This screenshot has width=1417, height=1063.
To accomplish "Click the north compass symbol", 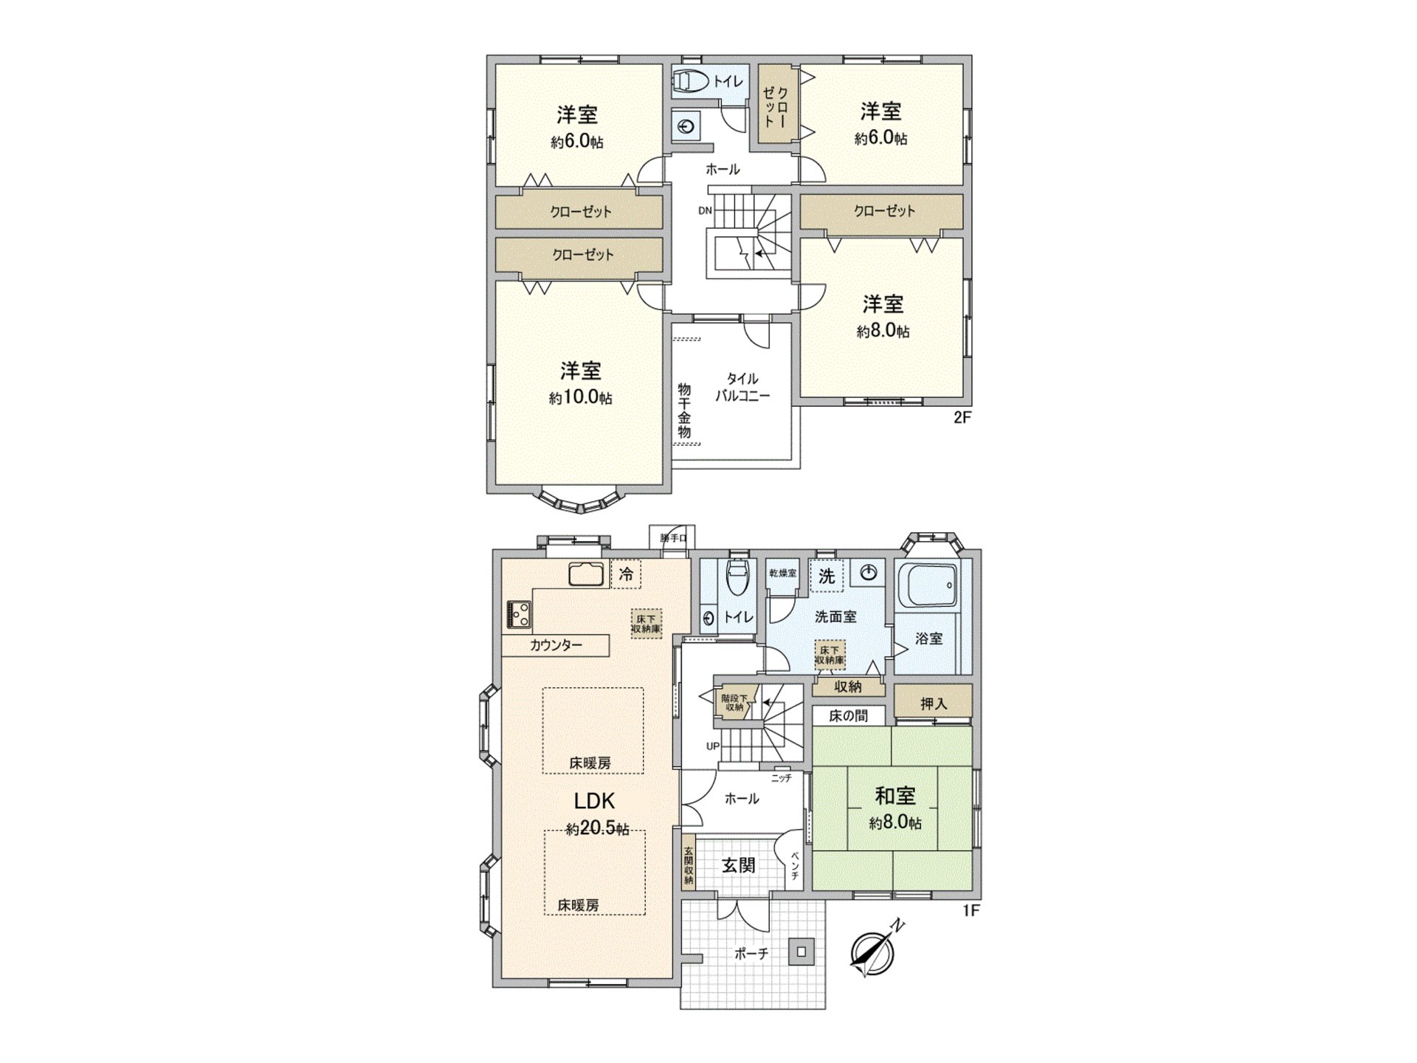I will (872, 952).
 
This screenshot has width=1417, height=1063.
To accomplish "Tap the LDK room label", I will (595, 800).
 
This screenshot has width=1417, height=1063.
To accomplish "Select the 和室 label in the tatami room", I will (894, 796).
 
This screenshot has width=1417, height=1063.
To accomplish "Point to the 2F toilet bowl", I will (688, 81).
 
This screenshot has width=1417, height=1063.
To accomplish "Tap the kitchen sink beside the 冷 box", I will (586, 574).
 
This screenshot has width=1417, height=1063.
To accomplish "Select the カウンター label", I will (556, 645).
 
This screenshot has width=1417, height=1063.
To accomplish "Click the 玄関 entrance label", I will (738, 865).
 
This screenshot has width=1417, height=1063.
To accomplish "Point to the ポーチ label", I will (751, 954).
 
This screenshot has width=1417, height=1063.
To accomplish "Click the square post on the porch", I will (801, 952).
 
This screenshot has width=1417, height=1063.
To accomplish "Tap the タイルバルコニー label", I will (742, 388).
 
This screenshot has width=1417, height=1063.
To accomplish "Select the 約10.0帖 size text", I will (581, 398).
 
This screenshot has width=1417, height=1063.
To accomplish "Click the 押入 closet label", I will (933, 703).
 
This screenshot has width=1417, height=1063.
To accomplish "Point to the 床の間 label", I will (847, 715).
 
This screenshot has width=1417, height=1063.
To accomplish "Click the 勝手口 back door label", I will (673, 538).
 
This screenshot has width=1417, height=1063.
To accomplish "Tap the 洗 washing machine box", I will (827, 576).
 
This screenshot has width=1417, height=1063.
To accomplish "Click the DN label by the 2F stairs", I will (705, 210).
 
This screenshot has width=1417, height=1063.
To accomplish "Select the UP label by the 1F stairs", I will (712, 746).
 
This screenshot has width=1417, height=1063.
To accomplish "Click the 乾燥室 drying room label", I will (782, 574).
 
